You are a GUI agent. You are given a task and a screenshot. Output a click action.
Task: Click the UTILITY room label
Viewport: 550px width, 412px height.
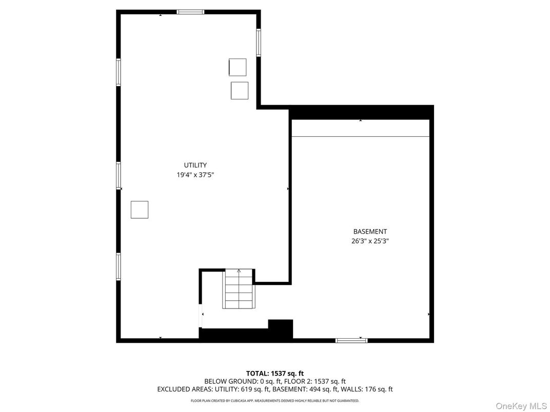195,165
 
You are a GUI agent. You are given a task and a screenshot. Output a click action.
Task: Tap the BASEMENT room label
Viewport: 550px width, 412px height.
370,232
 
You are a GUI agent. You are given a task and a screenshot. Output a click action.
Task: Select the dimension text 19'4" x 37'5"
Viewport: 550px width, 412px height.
195,175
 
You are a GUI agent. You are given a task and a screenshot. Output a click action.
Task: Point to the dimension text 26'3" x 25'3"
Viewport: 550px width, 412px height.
370,241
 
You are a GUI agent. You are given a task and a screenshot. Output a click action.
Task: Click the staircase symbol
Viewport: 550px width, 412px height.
239,289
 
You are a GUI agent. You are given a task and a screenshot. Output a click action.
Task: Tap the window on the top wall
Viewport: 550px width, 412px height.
190,12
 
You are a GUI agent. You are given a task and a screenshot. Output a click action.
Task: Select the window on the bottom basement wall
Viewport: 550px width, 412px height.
351,340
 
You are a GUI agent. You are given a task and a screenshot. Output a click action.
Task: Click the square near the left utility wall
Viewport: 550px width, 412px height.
140,210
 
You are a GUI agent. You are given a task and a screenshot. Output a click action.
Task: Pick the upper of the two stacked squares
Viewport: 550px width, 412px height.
237,67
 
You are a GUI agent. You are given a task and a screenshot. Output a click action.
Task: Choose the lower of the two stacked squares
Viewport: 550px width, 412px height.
240,91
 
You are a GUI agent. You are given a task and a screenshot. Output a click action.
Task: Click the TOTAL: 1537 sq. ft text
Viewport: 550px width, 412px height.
274,373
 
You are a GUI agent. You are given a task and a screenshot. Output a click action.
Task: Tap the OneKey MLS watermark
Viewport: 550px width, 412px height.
521,406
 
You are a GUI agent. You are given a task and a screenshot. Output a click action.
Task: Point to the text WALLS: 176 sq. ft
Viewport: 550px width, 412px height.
368,389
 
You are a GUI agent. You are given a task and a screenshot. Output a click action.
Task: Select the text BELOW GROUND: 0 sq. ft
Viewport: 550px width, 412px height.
238,381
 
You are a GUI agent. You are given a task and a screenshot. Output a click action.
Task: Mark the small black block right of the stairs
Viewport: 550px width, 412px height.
280,328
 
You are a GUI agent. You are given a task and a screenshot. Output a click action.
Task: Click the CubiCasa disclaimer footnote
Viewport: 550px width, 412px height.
274,401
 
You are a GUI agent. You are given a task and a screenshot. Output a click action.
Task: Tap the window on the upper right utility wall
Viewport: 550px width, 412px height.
259,43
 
